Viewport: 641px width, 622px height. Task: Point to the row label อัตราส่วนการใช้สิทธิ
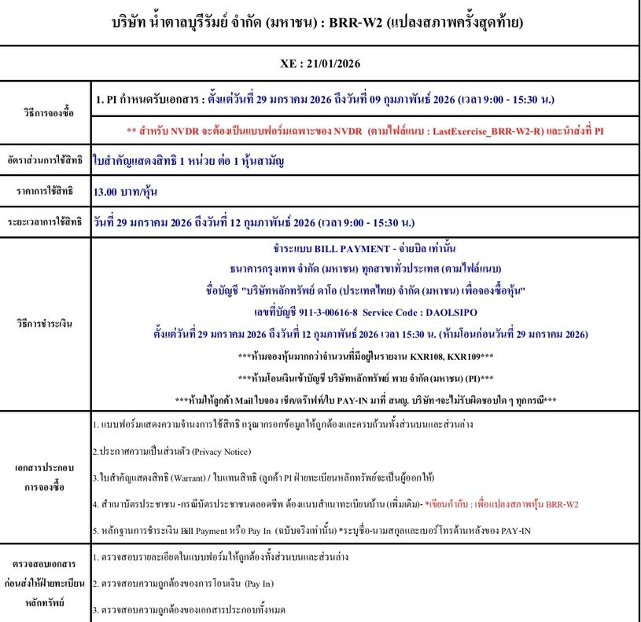[46, 160]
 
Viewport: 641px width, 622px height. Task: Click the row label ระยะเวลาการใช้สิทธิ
[46, 221]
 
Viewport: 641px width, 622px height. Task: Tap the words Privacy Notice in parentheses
[215, 452]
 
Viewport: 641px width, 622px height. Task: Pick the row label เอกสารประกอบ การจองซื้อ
[46, 476]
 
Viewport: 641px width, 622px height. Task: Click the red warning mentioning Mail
[365, 400]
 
